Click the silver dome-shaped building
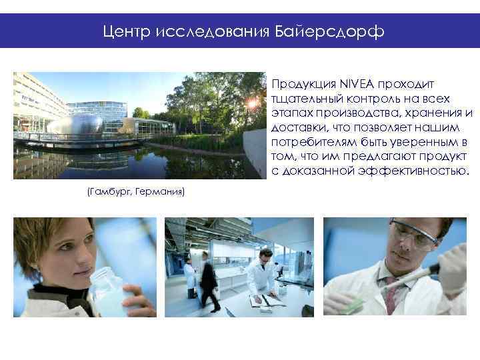pos(75,123)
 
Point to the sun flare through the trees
pos(253,103)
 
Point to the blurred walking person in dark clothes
pos(209,283)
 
